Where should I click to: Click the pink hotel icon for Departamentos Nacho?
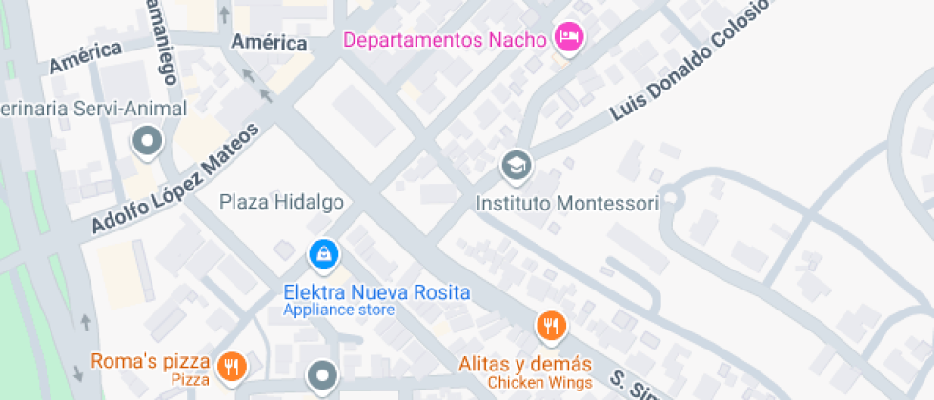coord(569,38)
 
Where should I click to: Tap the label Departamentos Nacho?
coord(444,40)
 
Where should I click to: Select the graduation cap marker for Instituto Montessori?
coord(516,166)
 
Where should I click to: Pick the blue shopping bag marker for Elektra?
coord(325,253)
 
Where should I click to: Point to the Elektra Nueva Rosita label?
coord(376,291)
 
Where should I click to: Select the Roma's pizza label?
coord(150,361)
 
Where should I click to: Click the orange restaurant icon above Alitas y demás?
coord(551,327)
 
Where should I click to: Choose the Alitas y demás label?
coord(525,364)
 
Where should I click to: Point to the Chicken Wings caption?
coord(539,382)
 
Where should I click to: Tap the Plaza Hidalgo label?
coord(281,201)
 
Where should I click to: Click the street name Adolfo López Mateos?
coord(175,180)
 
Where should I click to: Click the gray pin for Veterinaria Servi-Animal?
coord(148,143)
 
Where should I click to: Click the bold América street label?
coord(270,43)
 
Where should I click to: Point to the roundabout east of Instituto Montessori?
coord(675,198)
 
